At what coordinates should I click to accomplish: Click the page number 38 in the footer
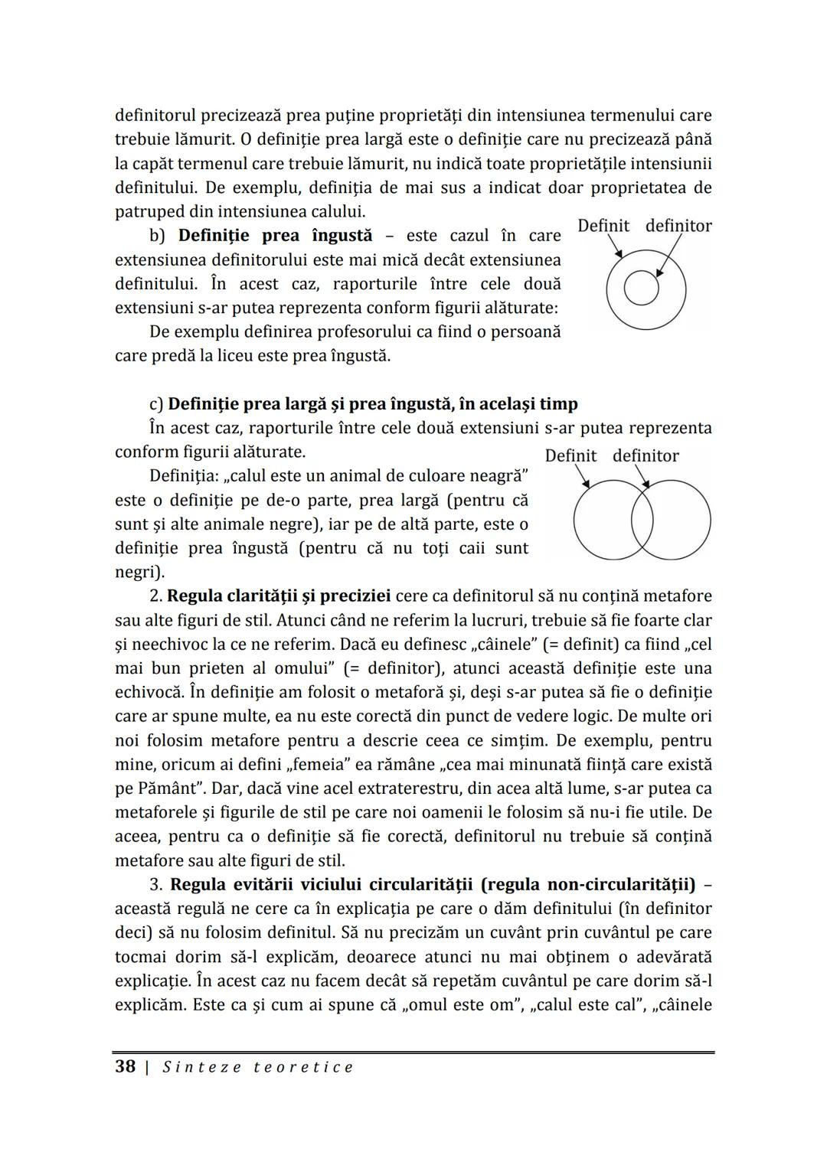click(125, 1066)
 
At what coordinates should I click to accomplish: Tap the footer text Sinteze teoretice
click(258, 1067)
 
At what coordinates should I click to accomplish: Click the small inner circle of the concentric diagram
click(641, 289)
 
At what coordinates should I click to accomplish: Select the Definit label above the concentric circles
click(603, 226)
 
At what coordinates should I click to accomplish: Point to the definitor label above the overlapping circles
click(646, 456)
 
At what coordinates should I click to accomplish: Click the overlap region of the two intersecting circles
click(642, 520)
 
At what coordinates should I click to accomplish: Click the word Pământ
click(169, 788)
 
